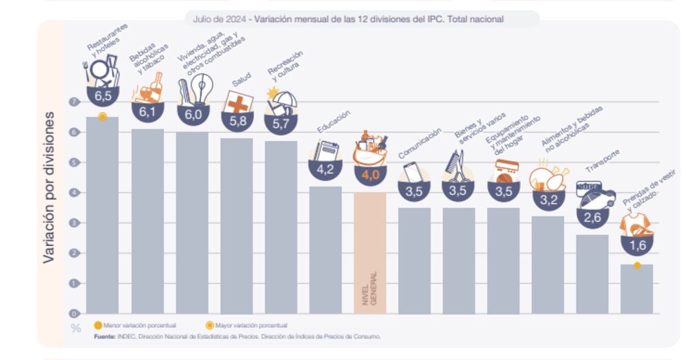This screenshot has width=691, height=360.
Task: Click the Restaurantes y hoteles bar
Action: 102,215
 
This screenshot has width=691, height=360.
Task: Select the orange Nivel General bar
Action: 370,253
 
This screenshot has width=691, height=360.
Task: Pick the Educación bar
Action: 325,249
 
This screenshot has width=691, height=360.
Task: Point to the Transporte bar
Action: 592,274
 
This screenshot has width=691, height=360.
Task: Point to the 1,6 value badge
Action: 636,245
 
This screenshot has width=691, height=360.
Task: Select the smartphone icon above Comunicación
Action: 413,171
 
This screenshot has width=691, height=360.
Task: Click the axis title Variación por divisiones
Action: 49,187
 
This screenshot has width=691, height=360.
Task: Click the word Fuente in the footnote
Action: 104,337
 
